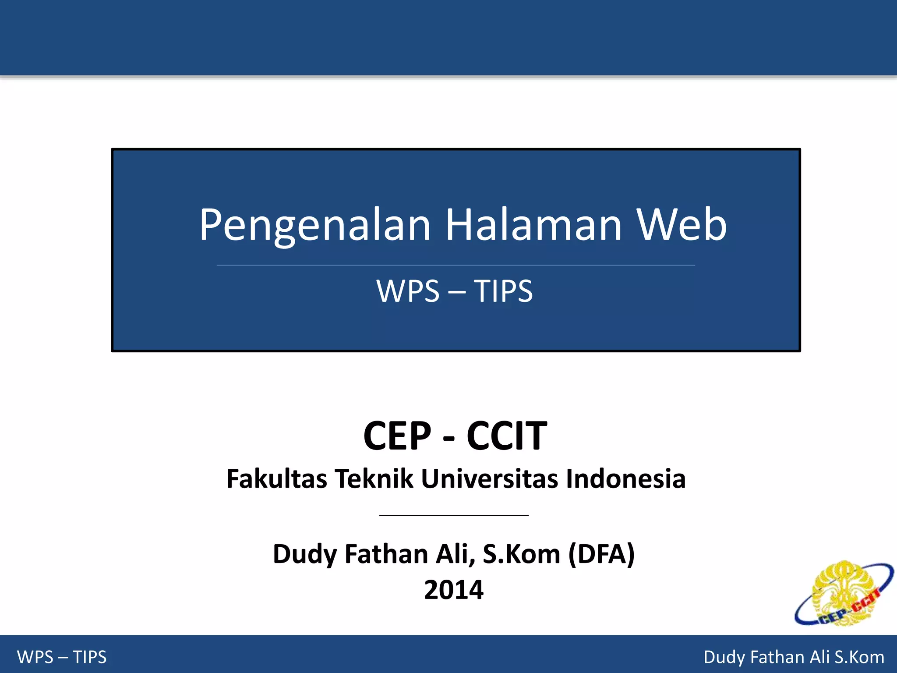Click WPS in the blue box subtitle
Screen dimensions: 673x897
coord(408,291)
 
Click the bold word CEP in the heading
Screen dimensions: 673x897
coord(397,436)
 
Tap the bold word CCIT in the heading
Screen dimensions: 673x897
coord(507,436)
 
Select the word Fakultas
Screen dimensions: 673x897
coord(276,478)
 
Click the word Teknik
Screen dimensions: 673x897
coord(374,478)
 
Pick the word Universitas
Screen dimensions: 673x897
coord(489,478)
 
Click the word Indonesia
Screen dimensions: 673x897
coord(625,478)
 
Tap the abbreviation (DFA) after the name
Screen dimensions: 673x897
coord(601,554)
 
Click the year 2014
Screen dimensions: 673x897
coord(454,590)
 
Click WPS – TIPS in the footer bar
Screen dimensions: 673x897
coord(62,657)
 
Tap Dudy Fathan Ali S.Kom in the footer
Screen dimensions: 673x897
coord(794,657)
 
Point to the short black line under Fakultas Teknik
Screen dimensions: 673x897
coord(454,516)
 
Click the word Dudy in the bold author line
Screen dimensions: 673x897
coord(305,554)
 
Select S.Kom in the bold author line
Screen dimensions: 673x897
coord(521,554)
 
